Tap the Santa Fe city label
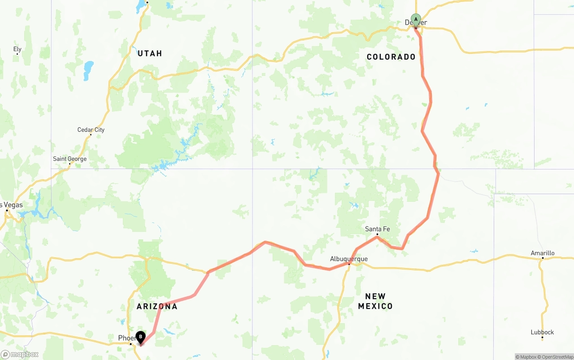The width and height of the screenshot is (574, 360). click(377, 229)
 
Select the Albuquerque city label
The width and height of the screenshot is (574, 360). click(348, 259)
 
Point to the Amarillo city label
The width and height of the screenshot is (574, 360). click(542, 253)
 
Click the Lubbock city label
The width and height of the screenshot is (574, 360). click(542, 332)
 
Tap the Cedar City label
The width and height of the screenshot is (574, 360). click(91, 130)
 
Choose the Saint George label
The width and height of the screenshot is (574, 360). click(70, 159)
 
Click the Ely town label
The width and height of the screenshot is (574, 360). click(17, 49)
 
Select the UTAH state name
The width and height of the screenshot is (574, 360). click(150, 53)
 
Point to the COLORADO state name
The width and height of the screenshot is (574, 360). click(391, 57)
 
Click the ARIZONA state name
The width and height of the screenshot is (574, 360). click(157, 307)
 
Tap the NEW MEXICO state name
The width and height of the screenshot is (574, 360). click(375, 301)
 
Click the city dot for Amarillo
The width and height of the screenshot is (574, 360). click(542, 258)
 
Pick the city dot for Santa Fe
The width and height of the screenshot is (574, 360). click(377, 234)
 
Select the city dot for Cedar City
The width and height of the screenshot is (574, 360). click(91, 135)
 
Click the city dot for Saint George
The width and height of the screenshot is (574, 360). click(70, 164)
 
